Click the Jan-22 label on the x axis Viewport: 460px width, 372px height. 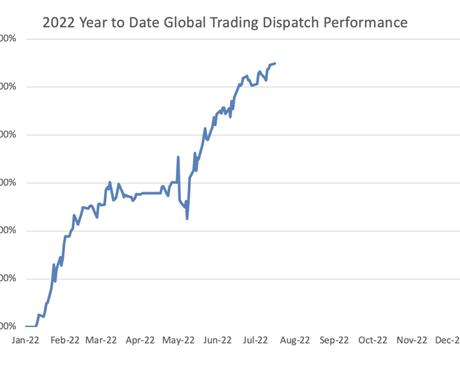[x=26, y=340]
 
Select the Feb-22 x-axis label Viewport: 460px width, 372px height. [x=64, y=340]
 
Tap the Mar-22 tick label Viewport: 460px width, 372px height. [x=102, y=340]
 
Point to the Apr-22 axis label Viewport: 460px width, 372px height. [x=140, y=340]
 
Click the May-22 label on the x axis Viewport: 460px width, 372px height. [x=179, y=340]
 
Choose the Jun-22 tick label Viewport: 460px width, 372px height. [x=217, y=340]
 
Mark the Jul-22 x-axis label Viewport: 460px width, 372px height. [x=255, y=340]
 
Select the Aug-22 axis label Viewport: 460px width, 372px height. [x=295, y=340]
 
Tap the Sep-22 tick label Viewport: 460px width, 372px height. [x=334, y=340]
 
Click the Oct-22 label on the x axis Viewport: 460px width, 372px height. [x=372, y=340]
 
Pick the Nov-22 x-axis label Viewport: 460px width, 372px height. [x=412, y=340]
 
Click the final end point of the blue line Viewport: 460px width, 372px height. [x=275, y=64]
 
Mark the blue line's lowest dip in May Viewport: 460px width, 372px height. [x=187, y=219]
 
